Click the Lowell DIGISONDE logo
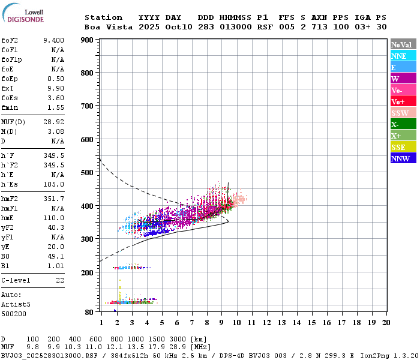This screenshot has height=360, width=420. click(x=22, y=16)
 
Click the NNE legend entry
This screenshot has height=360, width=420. click(x=403, y=56)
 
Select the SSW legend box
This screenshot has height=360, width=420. click(x=403, y=113)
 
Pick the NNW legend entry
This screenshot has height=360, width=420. click(x=403, y=158)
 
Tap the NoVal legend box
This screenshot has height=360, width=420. click(x=403, y=44)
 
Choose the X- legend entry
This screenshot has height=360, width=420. click(x=403, y=124)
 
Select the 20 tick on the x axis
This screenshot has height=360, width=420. click(x=386, y=323)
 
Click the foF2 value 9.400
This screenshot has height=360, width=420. click(x=53, y=40)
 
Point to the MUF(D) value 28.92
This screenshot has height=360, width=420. click(x=53, y=122)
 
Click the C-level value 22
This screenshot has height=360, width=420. click(x=60, y=280)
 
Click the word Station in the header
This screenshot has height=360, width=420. click(x=103, y=17)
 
